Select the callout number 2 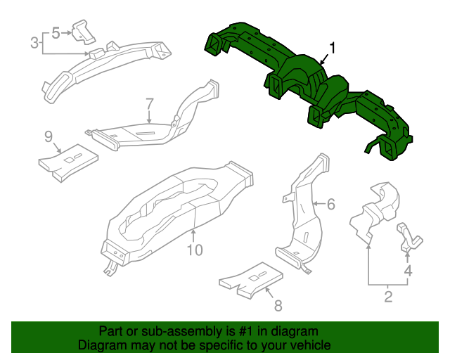tap(387, 296)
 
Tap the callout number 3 tap(34, 43)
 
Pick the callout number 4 tap(407, 271)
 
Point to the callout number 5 tap(58, 32)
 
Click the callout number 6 tap(330, 205)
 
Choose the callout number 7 tap(149, 103)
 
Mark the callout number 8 tap(277, 305)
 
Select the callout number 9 tap(49, 136)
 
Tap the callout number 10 tap(194, 250)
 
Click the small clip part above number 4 tap(409, 237)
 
